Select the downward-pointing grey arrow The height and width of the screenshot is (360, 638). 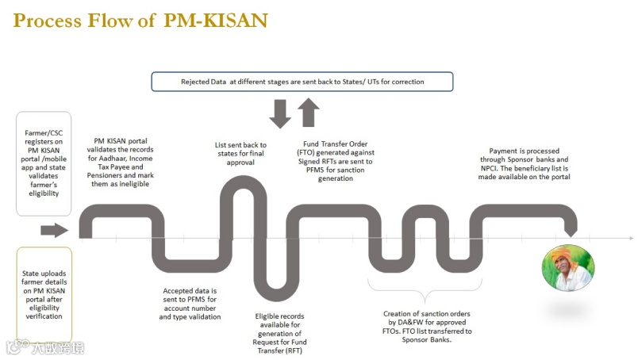point(281,113)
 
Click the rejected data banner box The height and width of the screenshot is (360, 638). point(302,82)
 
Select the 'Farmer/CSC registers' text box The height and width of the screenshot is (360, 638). point(44,163)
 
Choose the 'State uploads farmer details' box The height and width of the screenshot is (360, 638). point(44,294)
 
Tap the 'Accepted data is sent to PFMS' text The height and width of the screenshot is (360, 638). point(190,304)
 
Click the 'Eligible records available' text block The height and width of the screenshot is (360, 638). point(279,333)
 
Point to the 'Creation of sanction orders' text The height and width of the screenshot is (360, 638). point(429,326)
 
